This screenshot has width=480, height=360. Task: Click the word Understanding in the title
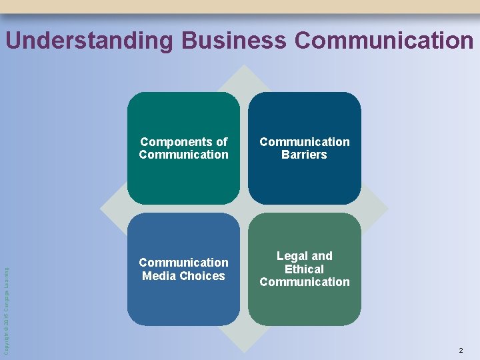[x=89, y=41]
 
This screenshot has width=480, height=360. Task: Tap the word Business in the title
[x=233, y=41]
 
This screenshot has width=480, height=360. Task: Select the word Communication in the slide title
[x=383, y=41]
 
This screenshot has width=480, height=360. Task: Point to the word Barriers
[x=304, y=155]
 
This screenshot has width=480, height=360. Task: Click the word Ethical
[x=304, y=269]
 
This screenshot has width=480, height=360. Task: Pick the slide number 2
[x=460, y=350]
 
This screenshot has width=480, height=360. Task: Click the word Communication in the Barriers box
[x=304, y=142]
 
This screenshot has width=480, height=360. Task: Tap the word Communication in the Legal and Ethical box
[x=304, y=282]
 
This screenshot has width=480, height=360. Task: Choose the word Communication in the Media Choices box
[x=183, y=263]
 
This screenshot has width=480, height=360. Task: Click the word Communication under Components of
[x=183, y=155]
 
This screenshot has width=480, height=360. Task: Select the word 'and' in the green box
[x=322, y=256]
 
